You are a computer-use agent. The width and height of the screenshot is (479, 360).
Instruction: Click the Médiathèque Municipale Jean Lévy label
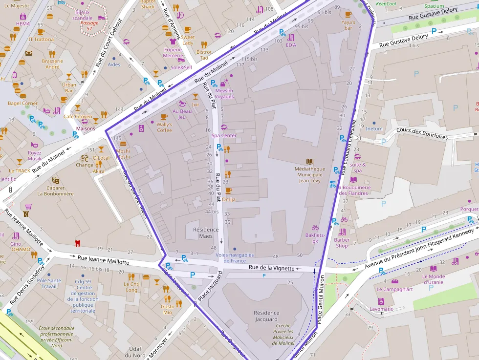coord(309,174)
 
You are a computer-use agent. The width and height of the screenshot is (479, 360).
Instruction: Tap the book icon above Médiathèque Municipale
coord(309,161)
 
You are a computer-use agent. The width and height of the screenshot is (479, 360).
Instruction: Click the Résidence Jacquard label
coord(266,316)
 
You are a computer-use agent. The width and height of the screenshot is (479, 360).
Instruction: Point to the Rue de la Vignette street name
coord(271,268)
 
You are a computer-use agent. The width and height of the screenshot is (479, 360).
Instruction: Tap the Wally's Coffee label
coord(164,127)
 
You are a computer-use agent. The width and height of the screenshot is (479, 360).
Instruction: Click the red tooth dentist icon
coord(76,243)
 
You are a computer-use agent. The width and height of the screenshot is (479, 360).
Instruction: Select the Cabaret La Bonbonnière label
coord(56,191)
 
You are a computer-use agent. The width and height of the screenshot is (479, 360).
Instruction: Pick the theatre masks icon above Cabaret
coord(55,180)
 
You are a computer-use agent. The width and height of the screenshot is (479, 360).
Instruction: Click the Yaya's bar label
coord(348,25)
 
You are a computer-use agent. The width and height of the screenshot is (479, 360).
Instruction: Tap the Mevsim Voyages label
coord(224,93)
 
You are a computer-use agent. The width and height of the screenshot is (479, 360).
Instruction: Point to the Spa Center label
coord(224,135)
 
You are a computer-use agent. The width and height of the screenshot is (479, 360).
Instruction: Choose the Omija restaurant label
coord(228,199)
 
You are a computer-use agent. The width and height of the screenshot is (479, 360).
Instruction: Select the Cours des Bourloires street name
coord(422,133)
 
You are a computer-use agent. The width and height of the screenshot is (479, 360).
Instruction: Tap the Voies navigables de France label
coord(235,257)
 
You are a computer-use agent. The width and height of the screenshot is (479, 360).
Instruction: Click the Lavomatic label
coord(381,309)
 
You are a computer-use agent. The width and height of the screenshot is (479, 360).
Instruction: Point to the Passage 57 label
coord(89,26)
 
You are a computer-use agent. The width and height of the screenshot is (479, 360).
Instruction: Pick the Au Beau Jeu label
coord(182,114)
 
